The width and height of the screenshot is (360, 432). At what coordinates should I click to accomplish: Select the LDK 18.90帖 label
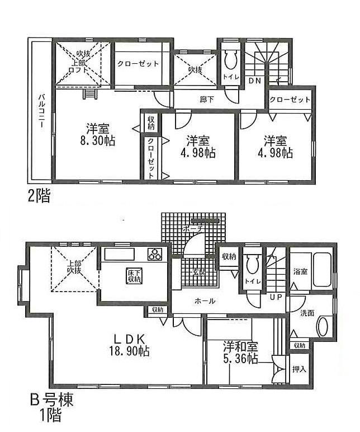[x=130, y=345]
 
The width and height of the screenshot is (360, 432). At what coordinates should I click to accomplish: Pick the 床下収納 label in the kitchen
[x=133, y=275]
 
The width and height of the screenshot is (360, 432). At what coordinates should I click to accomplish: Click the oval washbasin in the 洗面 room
[x=324, y=326]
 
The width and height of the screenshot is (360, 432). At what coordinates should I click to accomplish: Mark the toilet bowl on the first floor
[x=252, y=265]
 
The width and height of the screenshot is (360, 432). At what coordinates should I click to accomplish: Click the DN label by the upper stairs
[x=255, y=81]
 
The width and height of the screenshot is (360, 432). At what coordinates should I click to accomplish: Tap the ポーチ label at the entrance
[x=192, y=229]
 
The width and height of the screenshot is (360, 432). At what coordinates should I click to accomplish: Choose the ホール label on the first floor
[x=205, y=301]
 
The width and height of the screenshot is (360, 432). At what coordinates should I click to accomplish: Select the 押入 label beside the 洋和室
[x=299, y=369]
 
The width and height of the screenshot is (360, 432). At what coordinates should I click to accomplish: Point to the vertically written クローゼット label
[x=151, y=158]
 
